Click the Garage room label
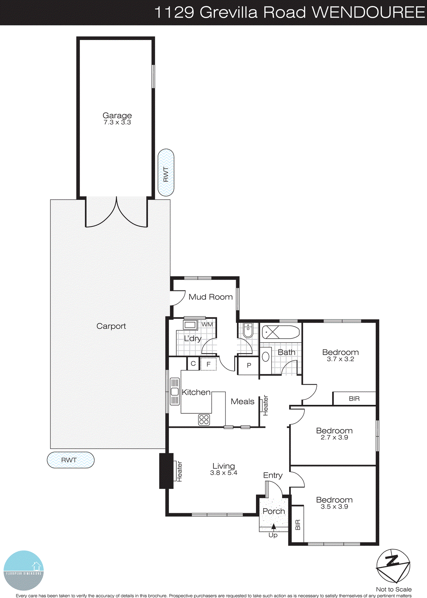117,115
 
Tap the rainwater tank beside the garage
166,172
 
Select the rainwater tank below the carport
71,460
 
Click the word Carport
111,326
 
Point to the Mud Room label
210,297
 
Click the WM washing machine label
207,324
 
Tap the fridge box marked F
208,364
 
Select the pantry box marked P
249,366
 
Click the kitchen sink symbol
174,391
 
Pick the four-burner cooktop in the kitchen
204,420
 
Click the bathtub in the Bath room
281,332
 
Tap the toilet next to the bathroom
248,330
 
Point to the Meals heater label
266,406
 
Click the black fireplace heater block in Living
166,471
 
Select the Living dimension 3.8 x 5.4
223,473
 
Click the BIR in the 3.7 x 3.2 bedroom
354,399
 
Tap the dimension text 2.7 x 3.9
334,437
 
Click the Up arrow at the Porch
273,527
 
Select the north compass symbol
393,566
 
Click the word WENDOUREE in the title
368,12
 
